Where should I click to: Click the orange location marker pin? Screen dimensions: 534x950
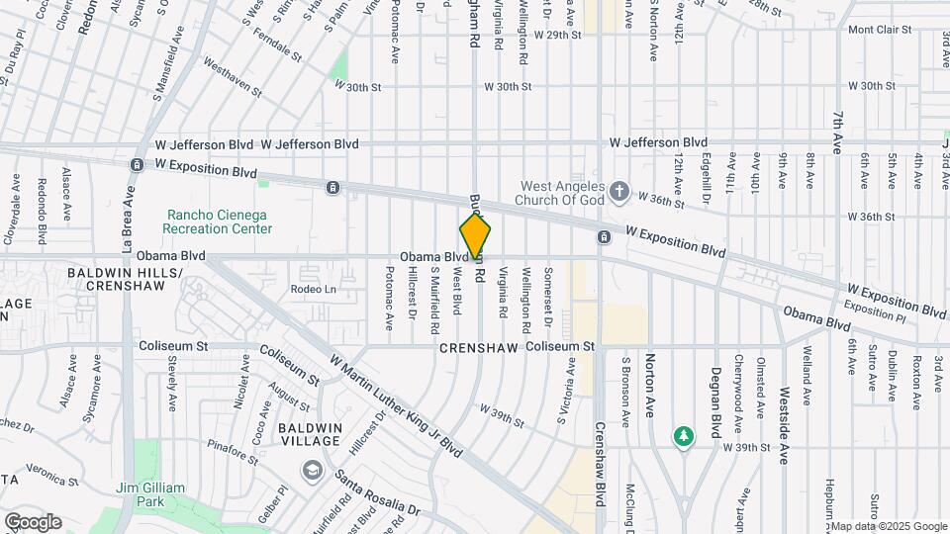(x=475, y=235)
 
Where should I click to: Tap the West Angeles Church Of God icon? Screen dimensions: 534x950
(x=619, y=190)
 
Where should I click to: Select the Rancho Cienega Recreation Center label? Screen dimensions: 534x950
(x=219, y=221)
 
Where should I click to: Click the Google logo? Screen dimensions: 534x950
(x=32, y=521)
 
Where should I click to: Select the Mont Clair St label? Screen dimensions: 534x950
(x=879, y=30)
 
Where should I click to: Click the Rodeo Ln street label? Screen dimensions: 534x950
(x=314, y=290)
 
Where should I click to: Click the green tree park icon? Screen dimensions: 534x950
(x=682, y=435)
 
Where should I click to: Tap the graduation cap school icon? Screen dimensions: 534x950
(x=313, y=469)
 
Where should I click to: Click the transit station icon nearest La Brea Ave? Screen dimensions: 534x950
(x=137, y=165)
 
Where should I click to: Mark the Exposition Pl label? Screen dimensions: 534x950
(x=875, y=311)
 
